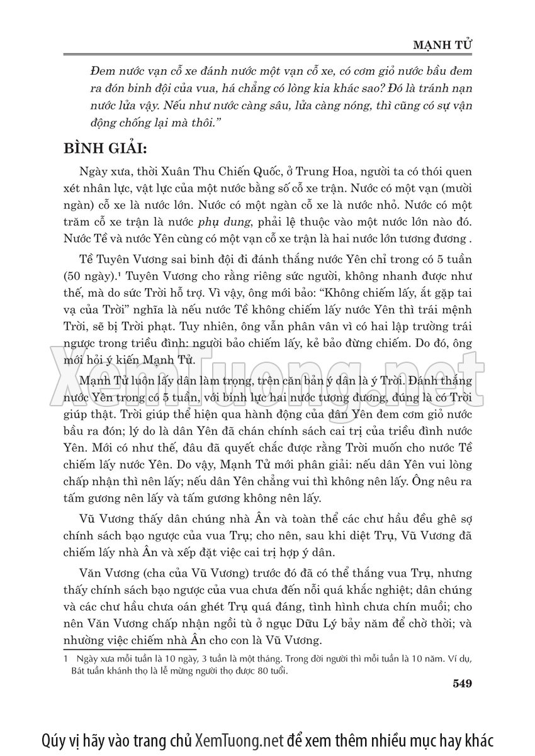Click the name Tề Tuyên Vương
pyautogui.click(x=120, y=260)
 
